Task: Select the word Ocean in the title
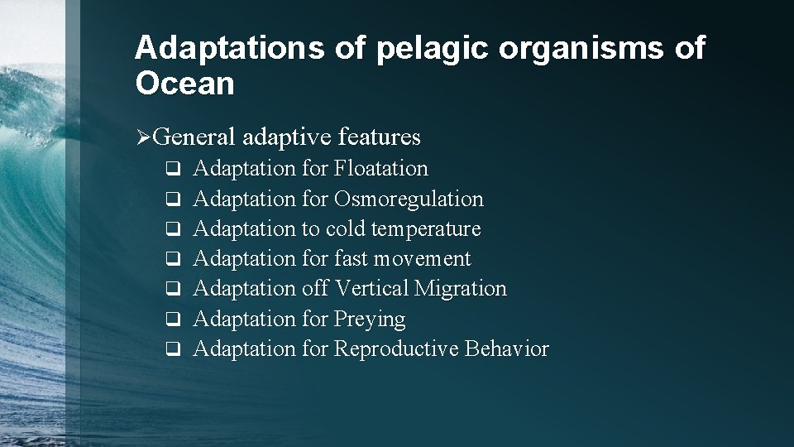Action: pos(184,84)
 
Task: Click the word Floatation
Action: pos(381,169)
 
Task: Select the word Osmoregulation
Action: pos(409,199)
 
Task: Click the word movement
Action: pos(422,259)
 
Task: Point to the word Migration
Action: pos(461,289)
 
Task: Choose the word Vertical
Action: pos(371,289)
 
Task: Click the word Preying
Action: pos(370,320)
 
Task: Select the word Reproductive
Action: pos(396,349)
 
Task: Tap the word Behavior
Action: pos(507,349)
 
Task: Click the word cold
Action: pos(347,229)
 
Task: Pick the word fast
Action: pos(352,259)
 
